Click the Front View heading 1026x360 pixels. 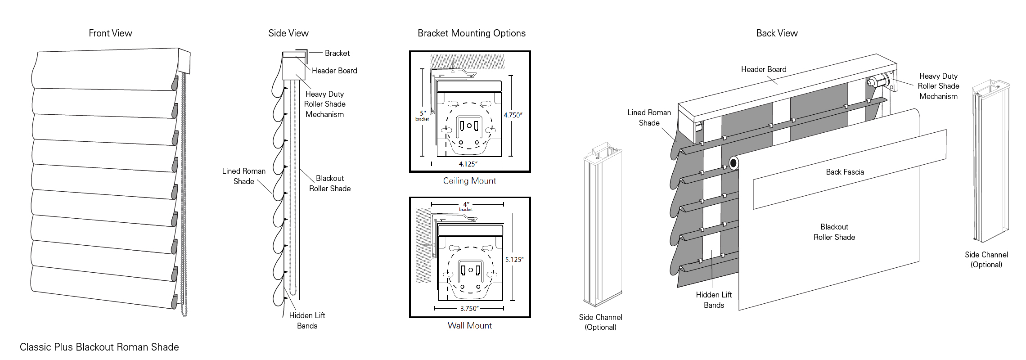point(110,33)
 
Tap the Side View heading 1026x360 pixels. point(288,33)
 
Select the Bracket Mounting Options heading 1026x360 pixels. point(471,33)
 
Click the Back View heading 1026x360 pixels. point(777,33)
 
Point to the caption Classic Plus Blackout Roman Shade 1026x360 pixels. point(99,347)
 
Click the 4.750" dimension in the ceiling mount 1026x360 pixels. point(513,115)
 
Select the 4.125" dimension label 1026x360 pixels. point(468,164)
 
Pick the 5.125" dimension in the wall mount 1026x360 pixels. point(514,260)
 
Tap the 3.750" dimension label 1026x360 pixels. point(469,309)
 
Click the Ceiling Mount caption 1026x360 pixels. point(469,181)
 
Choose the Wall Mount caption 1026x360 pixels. point(469,326)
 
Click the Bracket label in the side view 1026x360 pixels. point(337,53)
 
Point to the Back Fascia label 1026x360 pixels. point(845,172)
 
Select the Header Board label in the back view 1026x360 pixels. point(764,69)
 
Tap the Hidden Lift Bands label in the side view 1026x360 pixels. point(307,320)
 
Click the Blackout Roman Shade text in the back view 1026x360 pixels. point(834,232)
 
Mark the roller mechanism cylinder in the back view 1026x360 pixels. point(877,82)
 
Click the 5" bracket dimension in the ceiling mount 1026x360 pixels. point(423,115)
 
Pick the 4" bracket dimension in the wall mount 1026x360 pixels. point(466,207)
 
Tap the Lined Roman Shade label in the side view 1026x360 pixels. point(243,176)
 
